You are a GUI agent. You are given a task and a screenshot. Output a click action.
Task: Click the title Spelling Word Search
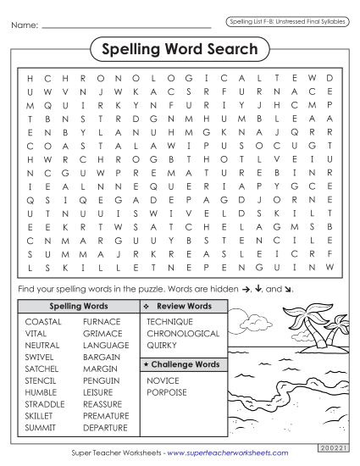click(x=180, y=49)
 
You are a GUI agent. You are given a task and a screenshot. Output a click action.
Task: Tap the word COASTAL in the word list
click(x=43, y=322)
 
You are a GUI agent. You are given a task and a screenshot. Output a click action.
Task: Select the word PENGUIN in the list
click(x=101, y=381)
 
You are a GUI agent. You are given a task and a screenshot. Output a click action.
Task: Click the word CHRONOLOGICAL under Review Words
click(x=183, y=334)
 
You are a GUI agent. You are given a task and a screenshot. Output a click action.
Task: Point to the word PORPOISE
click(x=166, y=393)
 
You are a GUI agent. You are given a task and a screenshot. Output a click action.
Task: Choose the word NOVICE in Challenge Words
click(x=163, y=381)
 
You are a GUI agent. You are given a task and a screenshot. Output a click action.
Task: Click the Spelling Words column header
click(x=79, y=305)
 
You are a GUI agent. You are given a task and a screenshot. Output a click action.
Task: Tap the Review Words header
click(x=184, y=305)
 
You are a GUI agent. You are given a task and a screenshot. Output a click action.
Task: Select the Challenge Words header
click(x=183, y=364)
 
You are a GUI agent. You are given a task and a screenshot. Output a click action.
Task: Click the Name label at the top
click(x=25, y=26)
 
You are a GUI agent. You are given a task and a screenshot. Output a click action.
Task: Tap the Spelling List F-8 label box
click(x=287, y=20)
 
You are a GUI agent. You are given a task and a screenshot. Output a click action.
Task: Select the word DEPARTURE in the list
click(x=106, y=429)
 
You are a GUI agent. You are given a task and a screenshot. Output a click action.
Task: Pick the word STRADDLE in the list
click(x=45, y=405)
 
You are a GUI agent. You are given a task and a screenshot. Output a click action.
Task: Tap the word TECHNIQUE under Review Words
click(x=169, y=322)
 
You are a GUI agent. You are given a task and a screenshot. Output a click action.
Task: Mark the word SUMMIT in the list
click(x=40, y=429)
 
